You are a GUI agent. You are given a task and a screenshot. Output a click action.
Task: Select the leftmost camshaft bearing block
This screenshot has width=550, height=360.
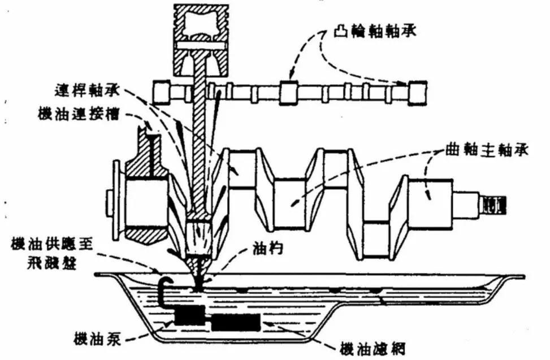(x=162, y=91)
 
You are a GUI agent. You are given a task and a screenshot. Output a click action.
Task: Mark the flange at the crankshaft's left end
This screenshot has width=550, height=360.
(x=115, y=198)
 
